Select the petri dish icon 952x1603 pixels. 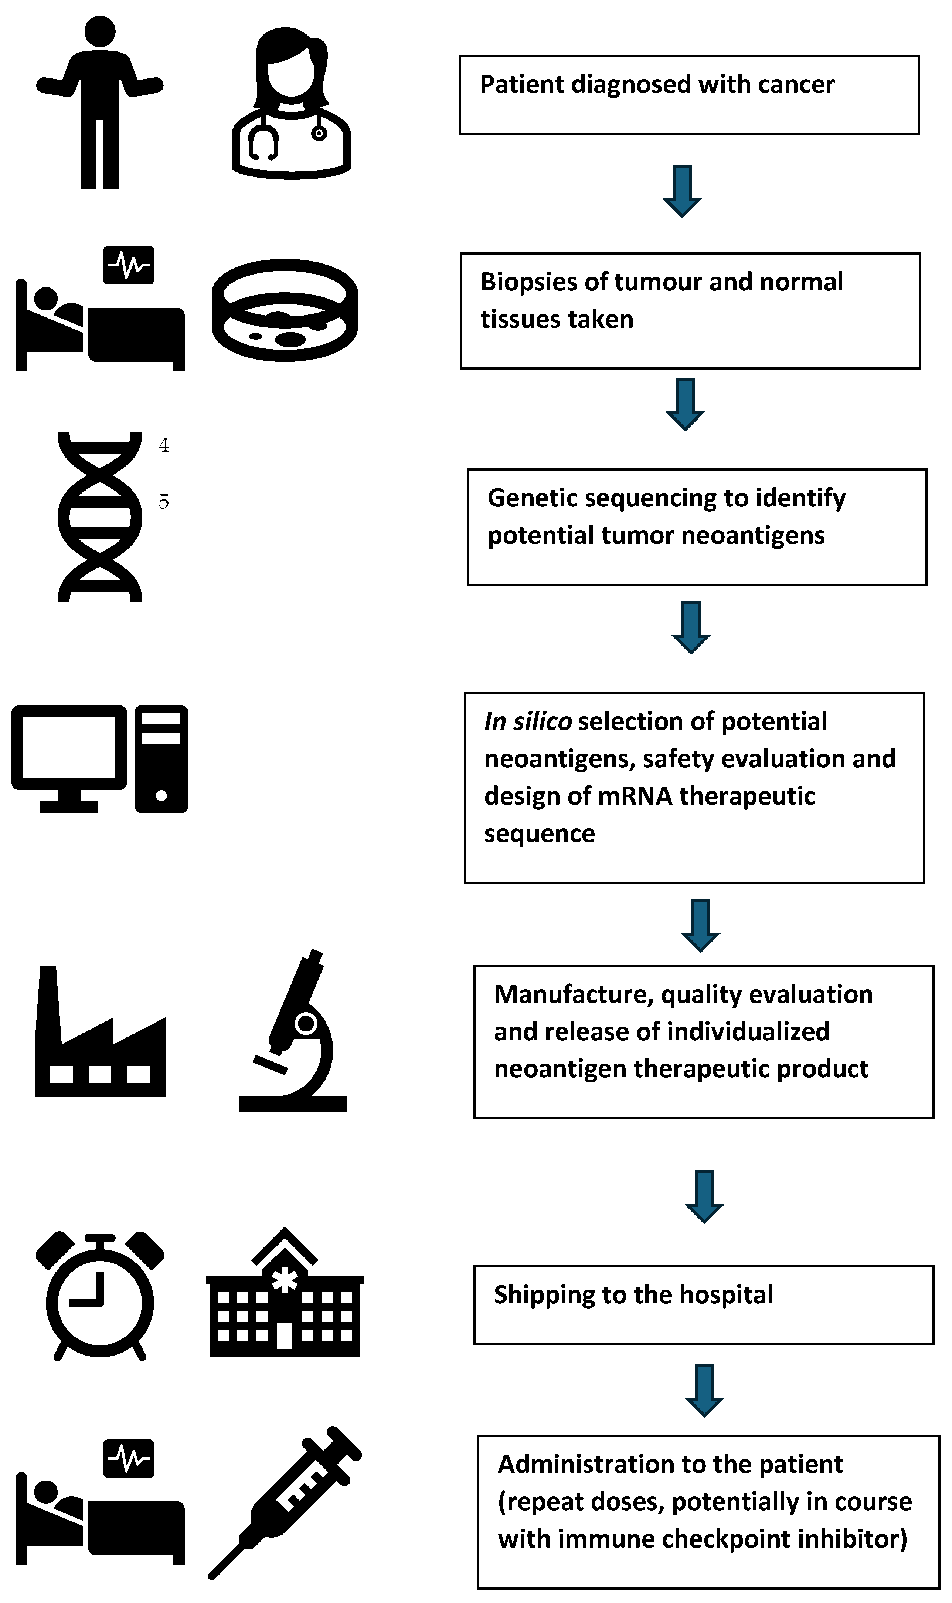[285, 310]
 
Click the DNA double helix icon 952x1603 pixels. [100, 517]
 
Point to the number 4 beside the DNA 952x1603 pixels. [164, 445]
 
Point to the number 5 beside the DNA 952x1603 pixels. [164, 501]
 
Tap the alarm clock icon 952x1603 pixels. [100, 1297]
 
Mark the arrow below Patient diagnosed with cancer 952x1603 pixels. [682, 191]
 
